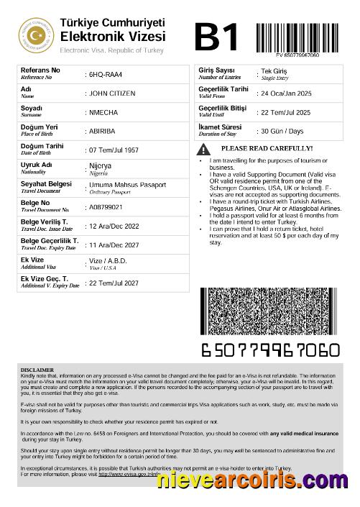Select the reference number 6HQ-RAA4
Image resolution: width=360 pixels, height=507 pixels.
point(105,75)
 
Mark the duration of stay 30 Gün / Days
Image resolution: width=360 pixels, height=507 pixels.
point(282,132)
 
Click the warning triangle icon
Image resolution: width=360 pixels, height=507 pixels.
point(205,149)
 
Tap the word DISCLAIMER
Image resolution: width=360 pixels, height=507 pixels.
point(37,370)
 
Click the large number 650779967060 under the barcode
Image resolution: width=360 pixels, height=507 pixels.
point(269,350)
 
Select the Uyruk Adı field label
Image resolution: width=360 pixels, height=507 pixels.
point(37,165)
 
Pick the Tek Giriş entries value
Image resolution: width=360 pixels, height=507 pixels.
point(273,73)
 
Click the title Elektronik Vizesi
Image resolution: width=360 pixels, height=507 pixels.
point(113,36)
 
